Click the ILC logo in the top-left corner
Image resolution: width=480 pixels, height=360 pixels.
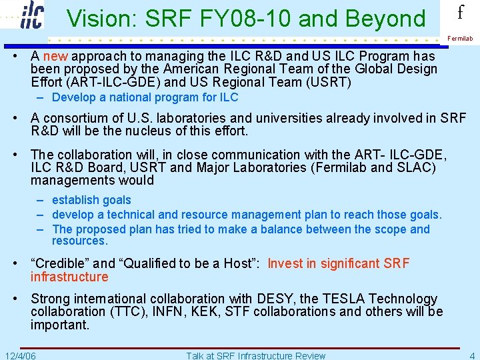click(x=31, y=15)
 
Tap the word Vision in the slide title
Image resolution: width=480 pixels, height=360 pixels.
click(x=97, y=19)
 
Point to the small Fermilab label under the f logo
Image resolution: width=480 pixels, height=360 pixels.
click(x=460, y=39)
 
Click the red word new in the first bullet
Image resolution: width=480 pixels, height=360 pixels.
click(x=55, y=56)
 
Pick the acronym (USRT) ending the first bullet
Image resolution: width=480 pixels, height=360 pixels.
click(x=331, y=83)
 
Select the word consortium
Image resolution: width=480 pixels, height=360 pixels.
click(x=73, y=118)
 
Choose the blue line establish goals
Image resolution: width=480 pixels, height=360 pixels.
click(x=91, y=200)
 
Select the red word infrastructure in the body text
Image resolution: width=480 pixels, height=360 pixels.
click(x=69, y=277)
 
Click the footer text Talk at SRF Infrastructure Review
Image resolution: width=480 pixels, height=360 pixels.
click(x=256, y=355)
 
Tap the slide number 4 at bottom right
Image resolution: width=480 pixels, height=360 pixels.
click(x=471, y=355)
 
